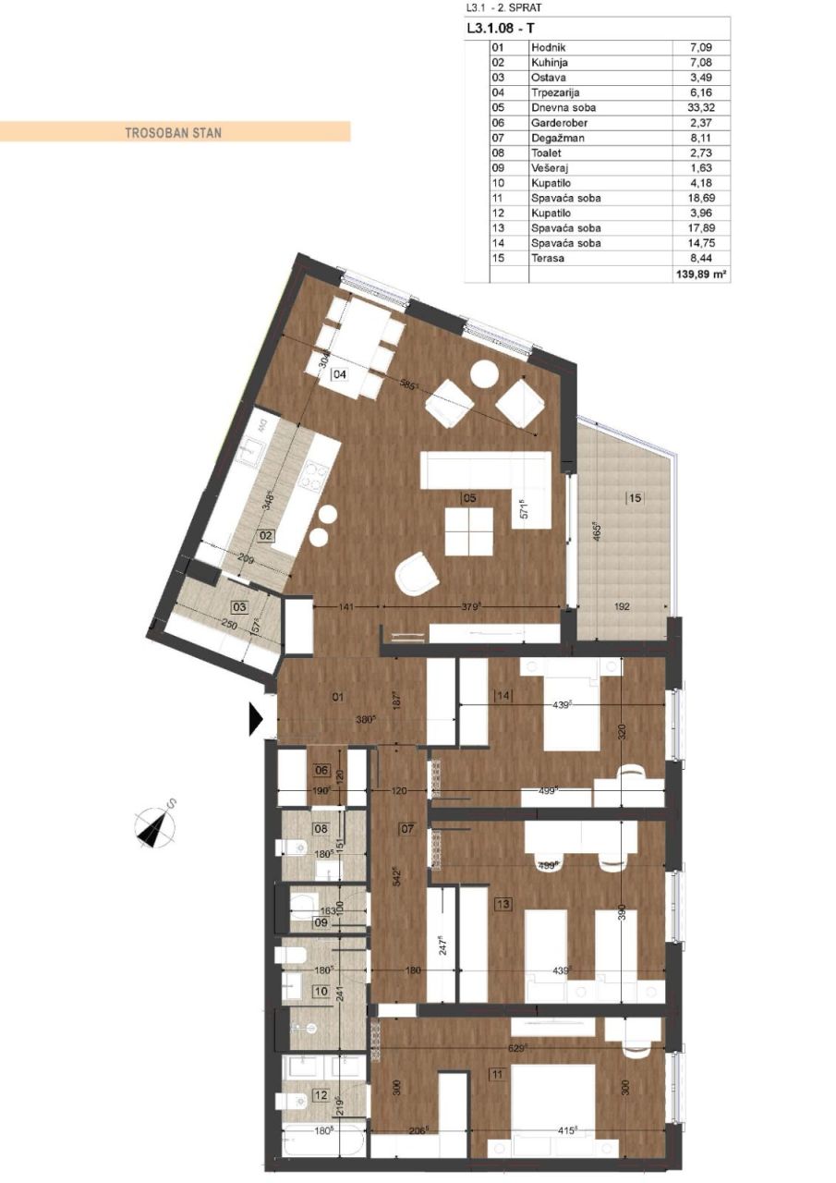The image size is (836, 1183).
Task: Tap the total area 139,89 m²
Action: pos(702,275)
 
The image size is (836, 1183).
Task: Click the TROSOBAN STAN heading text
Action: pos(173,132)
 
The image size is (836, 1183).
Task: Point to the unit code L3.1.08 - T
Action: pos(499,28)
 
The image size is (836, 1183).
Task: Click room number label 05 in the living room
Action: pos(469,498)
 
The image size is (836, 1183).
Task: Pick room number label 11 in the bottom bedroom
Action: pos(496,1074)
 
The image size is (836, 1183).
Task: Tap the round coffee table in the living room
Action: pos(484,373)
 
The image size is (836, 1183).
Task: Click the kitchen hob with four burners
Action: pos(316,475)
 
